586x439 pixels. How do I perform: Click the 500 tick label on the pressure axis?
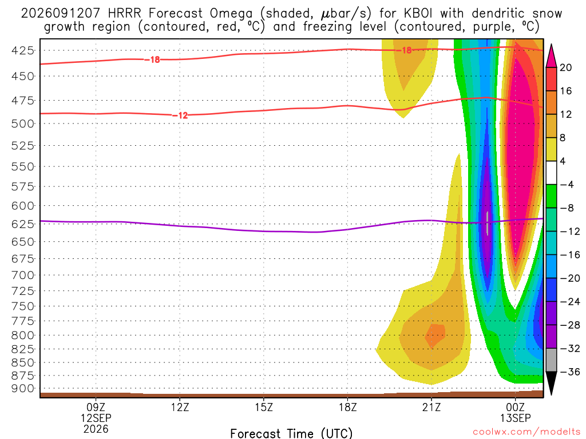23,123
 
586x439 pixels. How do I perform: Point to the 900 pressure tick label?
23,389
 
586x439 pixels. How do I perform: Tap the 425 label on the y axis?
23,50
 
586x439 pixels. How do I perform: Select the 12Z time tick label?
180,407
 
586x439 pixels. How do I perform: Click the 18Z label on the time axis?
347,407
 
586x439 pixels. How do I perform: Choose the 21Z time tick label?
431,407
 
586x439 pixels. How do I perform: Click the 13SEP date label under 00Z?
516,418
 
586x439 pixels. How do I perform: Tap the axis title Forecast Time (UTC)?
291,433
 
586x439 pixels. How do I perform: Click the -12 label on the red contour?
180,115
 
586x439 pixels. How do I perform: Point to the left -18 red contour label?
152,59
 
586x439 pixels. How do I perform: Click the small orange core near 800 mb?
435,335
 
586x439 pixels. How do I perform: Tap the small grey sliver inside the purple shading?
488,223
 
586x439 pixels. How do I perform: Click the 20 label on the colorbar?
565,67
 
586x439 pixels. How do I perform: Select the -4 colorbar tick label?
567,185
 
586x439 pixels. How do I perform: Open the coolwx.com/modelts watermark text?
526,432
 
